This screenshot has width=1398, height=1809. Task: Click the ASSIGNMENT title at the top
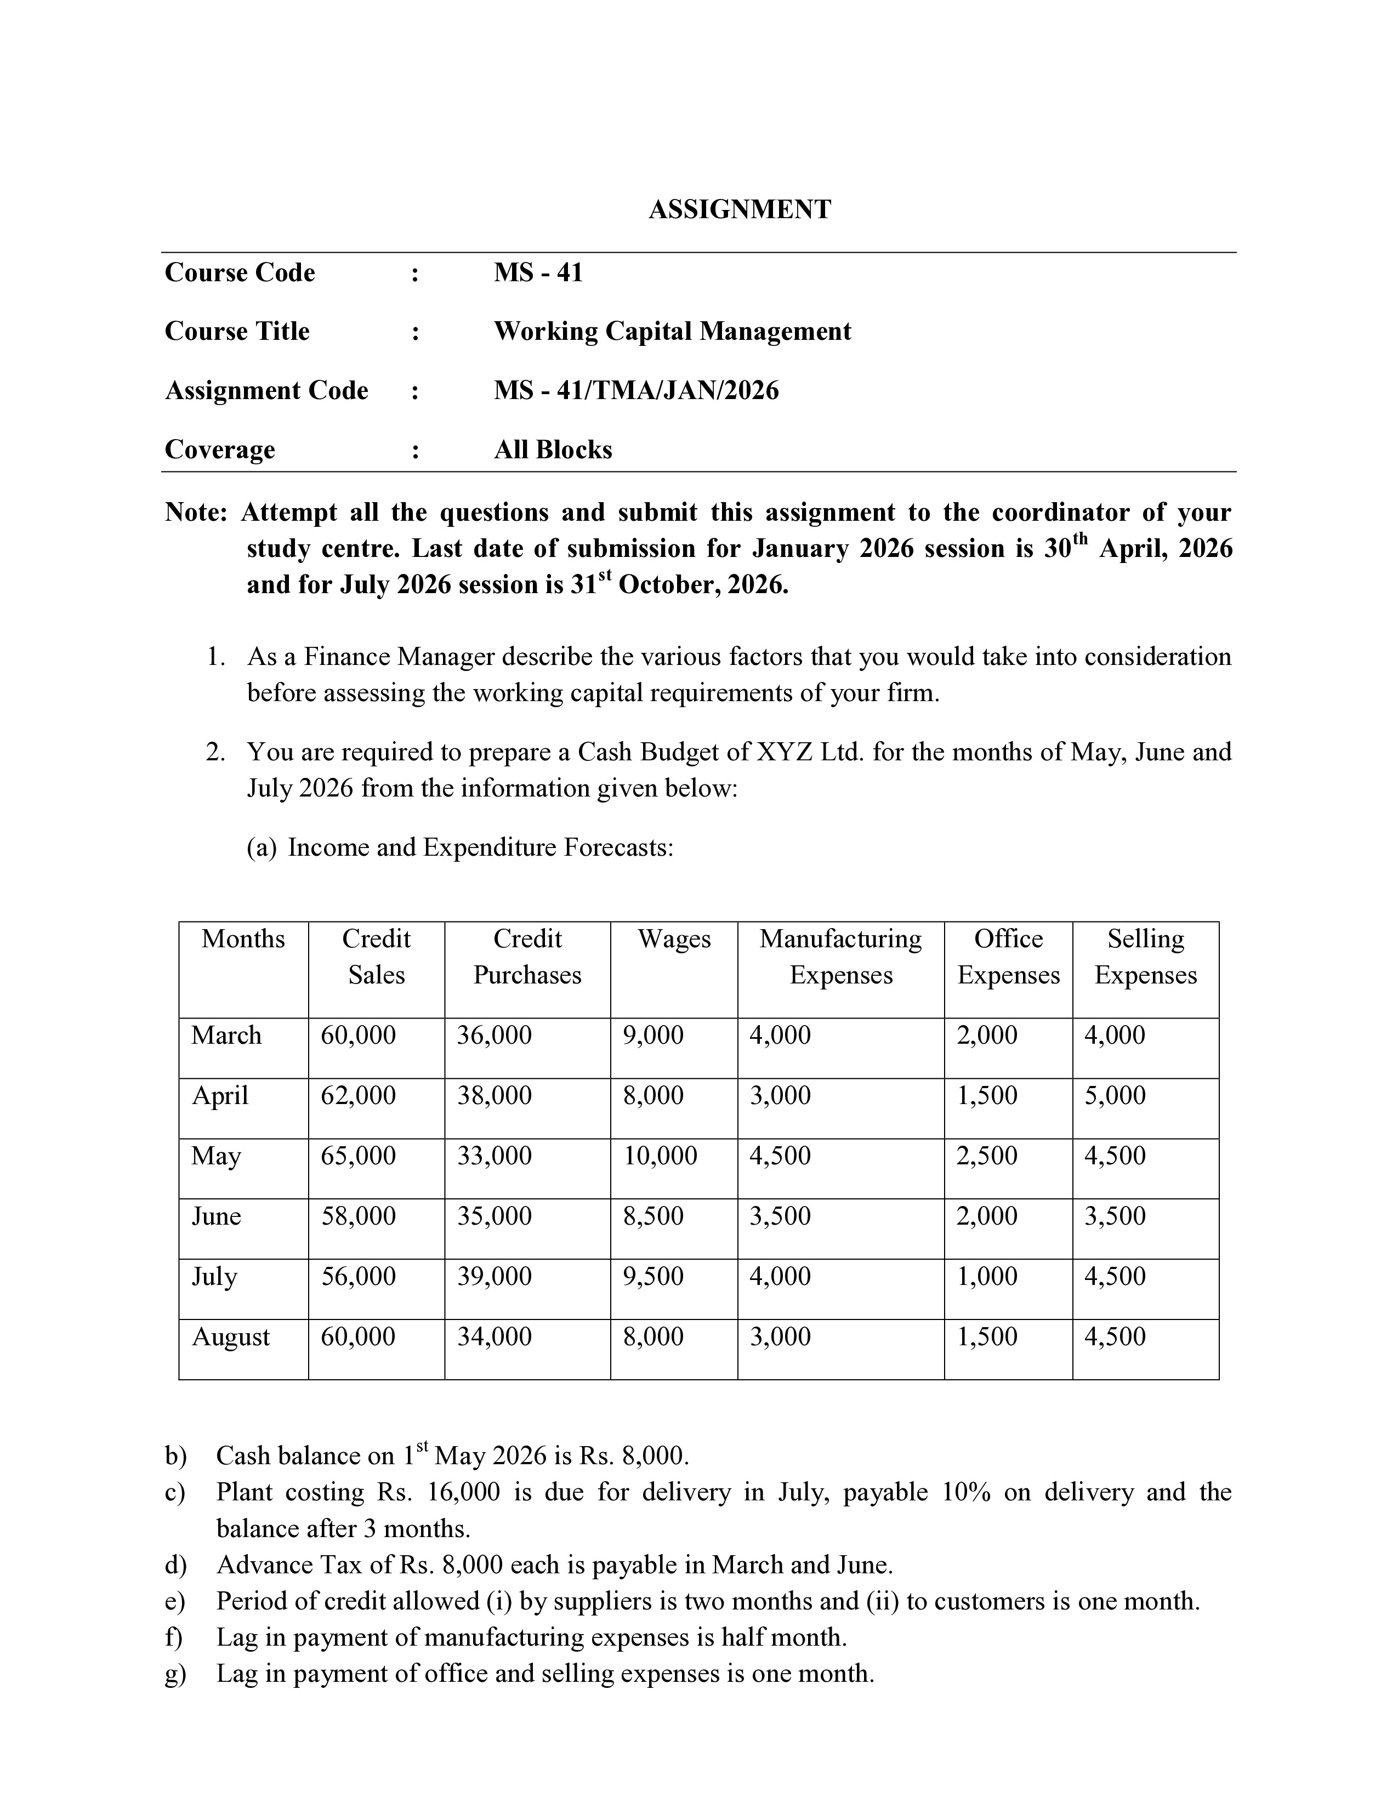(x=739, y=209)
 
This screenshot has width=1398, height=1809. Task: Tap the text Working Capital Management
(x=672, y=331)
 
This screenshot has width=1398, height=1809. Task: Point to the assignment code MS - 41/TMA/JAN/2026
(x=636, y=390)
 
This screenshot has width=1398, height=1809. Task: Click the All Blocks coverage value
(x=553, y=450)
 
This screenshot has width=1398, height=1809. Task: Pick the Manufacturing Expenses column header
(x=840, y=957)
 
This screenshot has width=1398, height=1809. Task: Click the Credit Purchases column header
(x=527, y=957)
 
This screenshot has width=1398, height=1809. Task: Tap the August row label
(x=230, y=1338)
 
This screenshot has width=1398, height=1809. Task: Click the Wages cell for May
(x=660, y=1156)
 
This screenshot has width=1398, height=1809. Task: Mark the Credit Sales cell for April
(x=358, y=1096)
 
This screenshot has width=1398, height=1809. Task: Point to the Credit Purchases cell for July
(x=495, y=1276)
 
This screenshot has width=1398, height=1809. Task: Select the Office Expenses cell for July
(x=987, y=1276)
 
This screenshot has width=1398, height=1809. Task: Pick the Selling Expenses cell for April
(x=1115, y=1096)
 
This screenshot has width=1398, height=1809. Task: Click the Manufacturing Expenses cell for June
(x=780, y=1217)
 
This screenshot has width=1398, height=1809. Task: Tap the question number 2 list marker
(x=215, y=752)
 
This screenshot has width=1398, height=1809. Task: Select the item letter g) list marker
(x=175, y=1674)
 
